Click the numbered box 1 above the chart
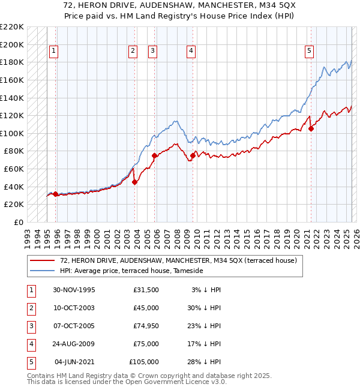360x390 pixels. (54, 52)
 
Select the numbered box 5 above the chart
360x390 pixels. (309, 52)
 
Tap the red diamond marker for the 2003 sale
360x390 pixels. (134, 182)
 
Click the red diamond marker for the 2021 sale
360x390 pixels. (311, 128)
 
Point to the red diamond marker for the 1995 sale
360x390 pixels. (56, 194)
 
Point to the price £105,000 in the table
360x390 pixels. (144, 362)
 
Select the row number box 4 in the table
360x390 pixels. (31, 344)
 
